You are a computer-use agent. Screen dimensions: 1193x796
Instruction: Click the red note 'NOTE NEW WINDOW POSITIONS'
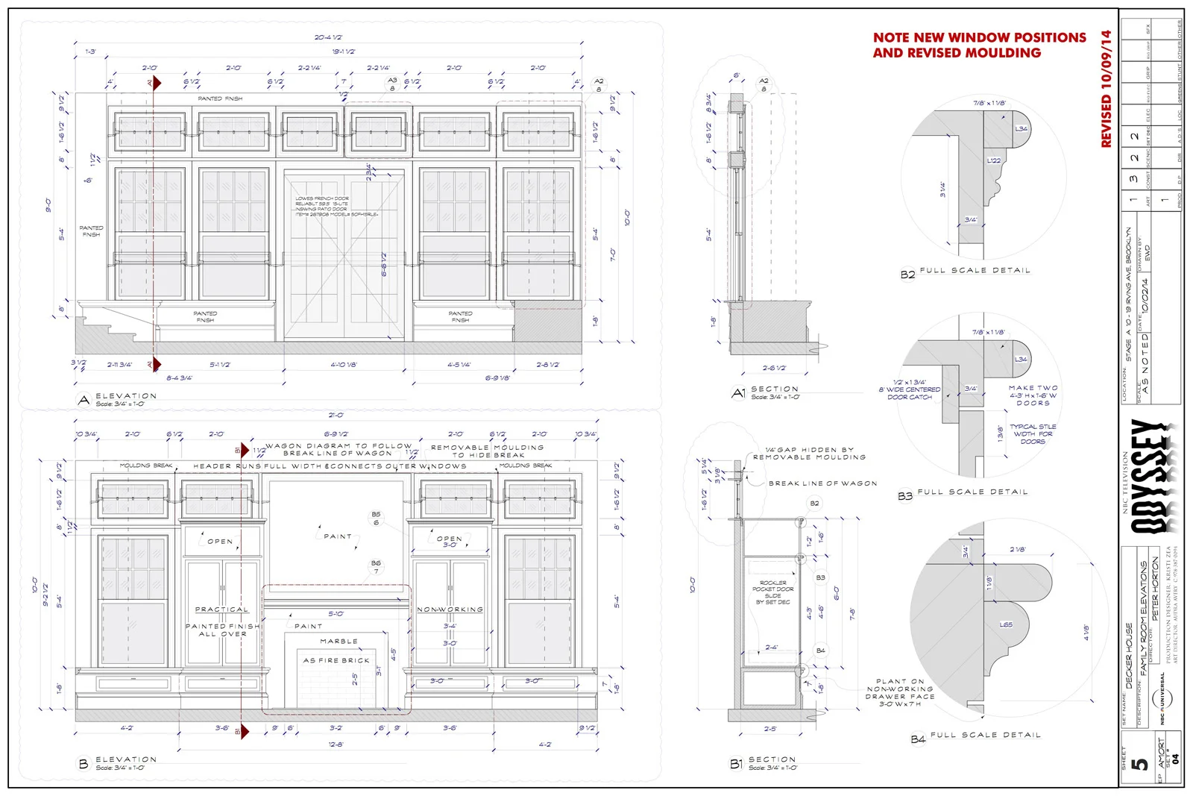pos(979,37)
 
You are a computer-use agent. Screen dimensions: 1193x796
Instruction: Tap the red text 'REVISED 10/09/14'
pos(1107,89)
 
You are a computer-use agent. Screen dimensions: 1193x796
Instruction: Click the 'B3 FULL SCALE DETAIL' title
pos(963,494)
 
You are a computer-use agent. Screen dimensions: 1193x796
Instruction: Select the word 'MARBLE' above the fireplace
pos(339,642)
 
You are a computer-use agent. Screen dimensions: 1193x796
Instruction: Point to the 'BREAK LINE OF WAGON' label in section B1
pos(822,483)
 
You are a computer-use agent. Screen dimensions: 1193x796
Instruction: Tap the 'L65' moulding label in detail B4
pos(1006,625)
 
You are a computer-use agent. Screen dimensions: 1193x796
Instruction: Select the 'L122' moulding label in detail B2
pos(994,160)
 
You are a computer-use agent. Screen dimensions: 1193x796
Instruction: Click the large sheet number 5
pos(1139,765)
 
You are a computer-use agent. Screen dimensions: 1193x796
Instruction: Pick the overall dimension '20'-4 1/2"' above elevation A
pos(328,37)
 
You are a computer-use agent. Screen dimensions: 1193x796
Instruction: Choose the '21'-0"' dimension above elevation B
pos(336,416)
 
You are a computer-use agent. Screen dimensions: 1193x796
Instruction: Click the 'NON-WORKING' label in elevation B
pos(450,609)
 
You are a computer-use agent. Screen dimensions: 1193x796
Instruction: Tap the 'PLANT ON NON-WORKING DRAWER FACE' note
pos(899,692)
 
